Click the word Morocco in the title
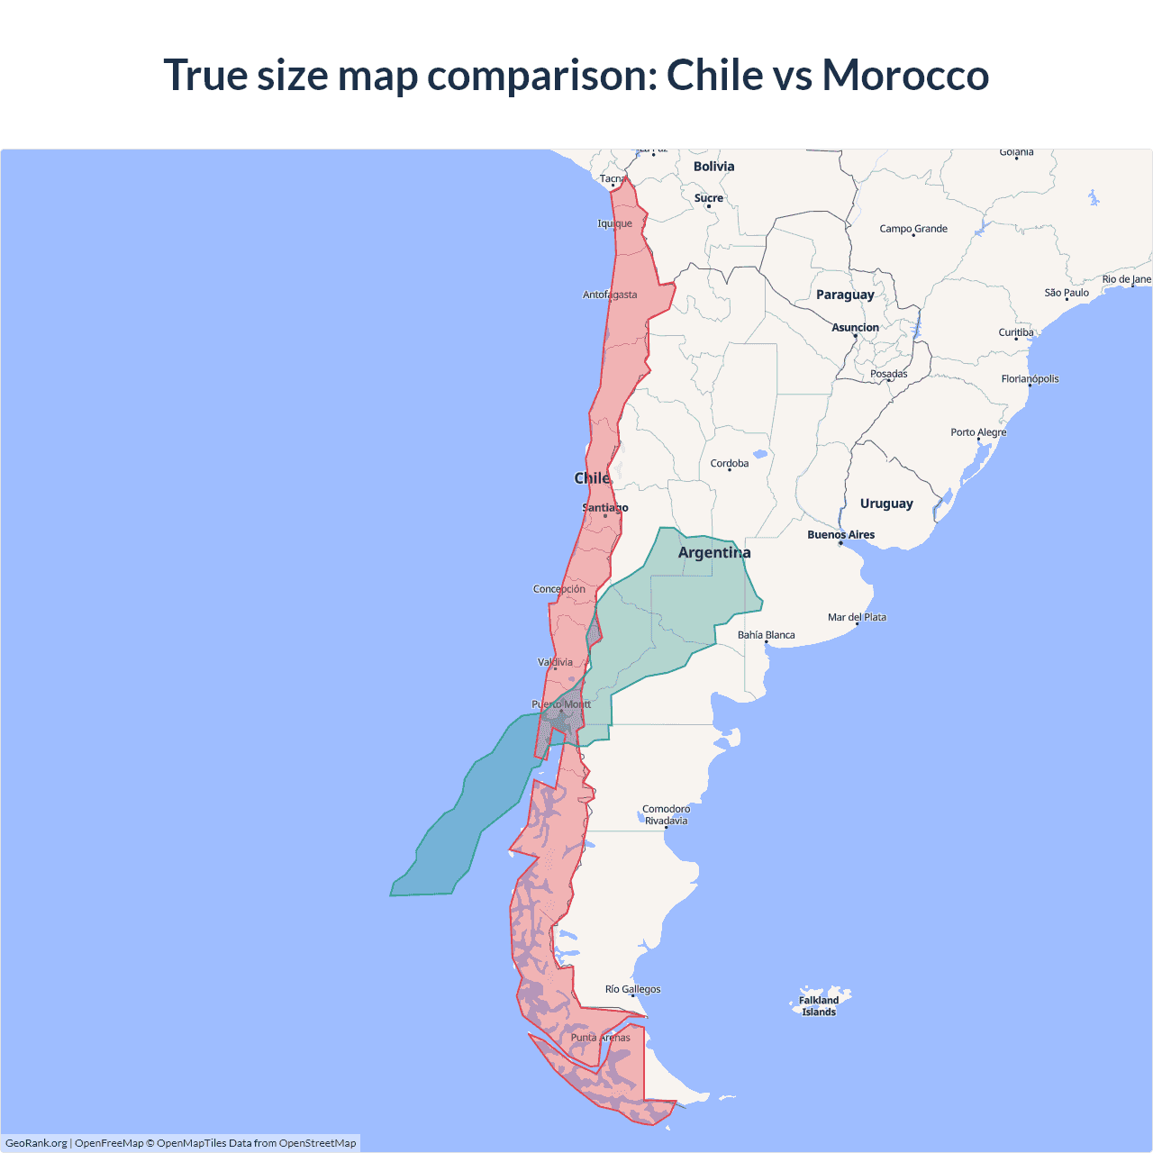pyautogui.click(x=905, y=75)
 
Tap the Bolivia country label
pyautogui.click(x=713, y=167)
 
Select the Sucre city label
pyautogui.click(x=708, y=198)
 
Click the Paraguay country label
pyautogui.click(x=845, y=295)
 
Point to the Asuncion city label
pyautogui.click(x=855, y=328)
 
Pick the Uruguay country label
pyautogui.click(x=886, y=504)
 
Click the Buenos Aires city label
pyautogui.click(x=840, y=535)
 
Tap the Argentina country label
pyautogui.click(x=714, y=552)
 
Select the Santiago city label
pyautogui.click(x=605, y=508)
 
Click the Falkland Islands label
pyautogui.click(x=819, y=1006)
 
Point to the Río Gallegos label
pyautogui.click(x=632, y=989)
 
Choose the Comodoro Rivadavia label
pyautogui.click(x=666, y=815)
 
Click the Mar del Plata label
pyautogui.click(x=857, y=617)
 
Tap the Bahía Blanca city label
pyautogui.click(x=766, y=635)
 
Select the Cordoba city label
pyautogui.click(x=729, y=464)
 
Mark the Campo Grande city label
pyautogui.click(x=913, y=229)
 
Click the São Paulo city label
pyautogui.click(x=1067, y=293)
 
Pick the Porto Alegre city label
pyautogui.click(x=978, y=432)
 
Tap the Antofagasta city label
pyautogui.click(x=610, y=295)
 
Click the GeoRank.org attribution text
pyautogui.click(x=36, y=1143)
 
